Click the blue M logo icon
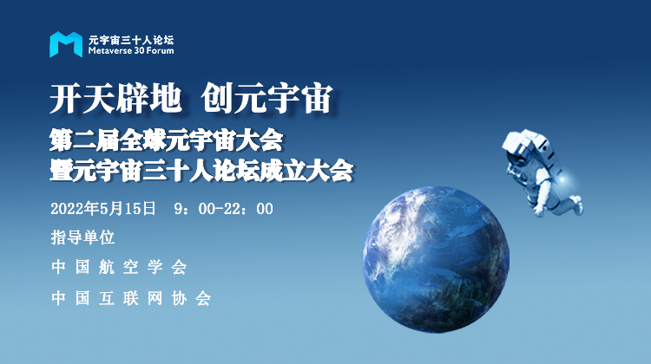pos(66,44)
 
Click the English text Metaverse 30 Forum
pos(131,51)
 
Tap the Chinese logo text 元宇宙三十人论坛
pos(131,40)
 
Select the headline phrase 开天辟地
pos(115,98)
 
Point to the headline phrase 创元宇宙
pos(267,98)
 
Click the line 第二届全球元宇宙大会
pos(167,140)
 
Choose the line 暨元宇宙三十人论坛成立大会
pos(201,170)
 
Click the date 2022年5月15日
pos(103,209)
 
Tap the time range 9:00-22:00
pos(224,209)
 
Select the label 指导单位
pos(82,237)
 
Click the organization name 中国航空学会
pos(119,268)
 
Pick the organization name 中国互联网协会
pos(131,298)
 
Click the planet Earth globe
pos(436,260)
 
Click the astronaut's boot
pos(577,205)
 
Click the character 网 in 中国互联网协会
pos(155,298)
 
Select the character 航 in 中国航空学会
pos(107,268)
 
